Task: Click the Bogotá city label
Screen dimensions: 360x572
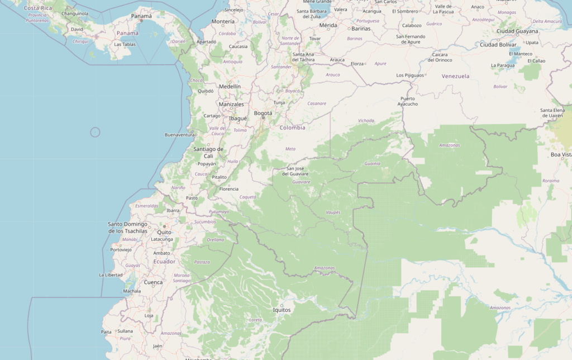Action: pos(263,113)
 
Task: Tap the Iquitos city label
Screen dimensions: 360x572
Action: pos(282,310)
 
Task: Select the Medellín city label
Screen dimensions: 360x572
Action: pos(230,87)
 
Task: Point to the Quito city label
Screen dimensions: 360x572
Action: pos(164,232)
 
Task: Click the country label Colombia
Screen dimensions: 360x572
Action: pos(293,127)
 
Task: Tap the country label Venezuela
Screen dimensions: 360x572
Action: pos(455,76)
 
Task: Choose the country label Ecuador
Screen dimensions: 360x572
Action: pos(164,262)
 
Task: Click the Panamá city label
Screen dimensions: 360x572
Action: pos(141,16)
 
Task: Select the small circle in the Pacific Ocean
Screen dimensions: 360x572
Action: pos(95,132)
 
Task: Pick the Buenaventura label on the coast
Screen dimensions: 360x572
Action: pos(179,135)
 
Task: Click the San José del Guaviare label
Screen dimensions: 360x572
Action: pos(297,171)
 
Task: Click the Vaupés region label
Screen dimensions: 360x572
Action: pos(332,213)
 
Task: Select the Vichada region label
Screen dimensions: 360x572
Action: pos(366,120)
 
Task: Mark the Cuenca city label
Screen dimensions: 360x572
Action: pos(153,282)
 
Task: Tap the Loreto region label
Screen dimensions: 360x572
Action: pos(255,320)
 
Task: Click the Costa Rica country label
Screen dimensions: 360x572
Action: pos(38,8)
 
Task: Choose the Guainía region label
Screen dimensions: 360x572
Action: pos(372,164)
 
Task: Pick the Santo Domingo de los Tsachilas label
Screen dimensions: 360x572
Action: pos(127,228)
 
